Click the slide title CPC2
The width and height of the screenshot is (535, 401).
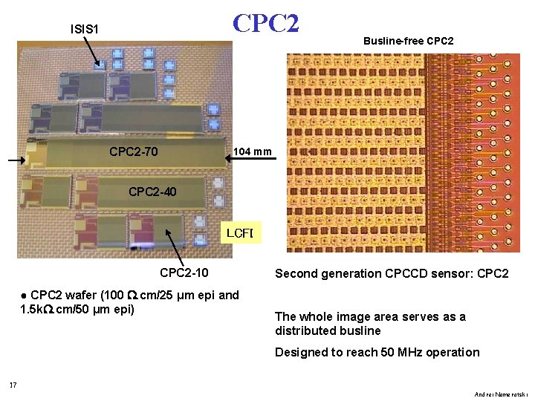[x=265, y=23]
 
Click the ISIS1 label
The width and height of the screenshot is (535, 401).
[x=85, y=30]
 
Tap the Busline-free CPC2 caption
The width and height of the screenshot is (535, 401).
[x=408, y=41]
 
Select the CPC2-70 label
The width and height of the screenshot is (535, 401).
[x=133, y=152]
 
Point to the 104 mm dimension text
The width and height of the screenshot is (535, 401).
[x=253, y=152]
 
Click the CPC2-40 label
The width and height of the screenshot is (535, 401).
[x=152, y=192]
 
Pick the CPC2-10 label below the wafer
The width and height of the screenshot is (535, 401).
[x=184, y=273]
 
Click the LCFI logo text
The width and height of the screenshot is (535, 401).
[x=239, y=234]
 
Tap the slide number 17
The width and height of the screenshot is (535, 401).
[x=13, y=385]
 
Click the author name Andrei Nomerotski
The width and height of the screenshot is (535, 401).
[x=501, y=394]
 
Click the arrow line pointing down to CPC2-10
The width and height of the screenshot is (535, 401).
[x=175, y=243]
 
